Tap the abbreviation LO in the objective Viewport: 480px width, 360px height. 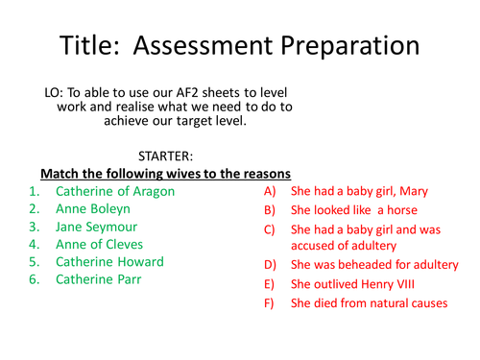click(54, 92)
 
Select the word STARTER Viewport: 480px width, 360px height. click(167, 154)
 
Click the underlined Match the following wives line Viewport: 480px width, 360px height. click(164, 173)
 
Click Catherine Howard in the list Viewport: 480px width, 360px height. click(109, 261)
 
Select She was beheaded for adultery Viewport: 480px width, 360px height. click(374, 265)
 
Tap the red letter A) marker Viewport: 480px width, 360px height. click(270, 191)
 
